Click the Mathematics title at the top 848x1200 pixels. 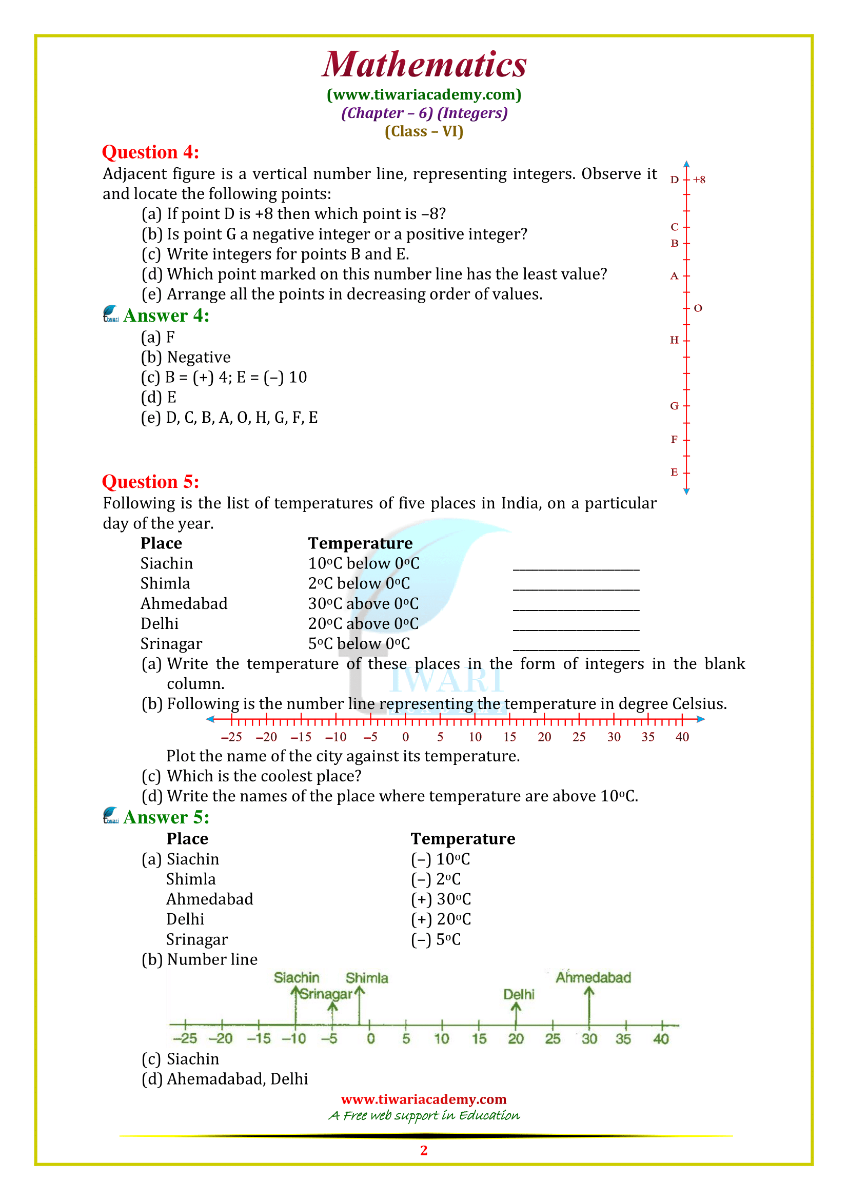click(424, 65)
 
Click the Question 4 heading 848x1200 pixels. click(150, 152)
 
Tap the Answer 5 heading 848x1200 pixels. click(166, 817)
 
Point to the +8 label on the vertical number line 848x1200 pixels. click(699, 180)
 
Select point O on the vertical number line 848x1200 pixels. click(698, 308)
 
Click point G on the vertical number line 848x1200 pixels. click(675, 406)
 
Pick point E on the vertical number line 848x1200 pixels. click(675, 473)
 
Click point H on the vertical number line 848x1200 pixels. click(675, 340)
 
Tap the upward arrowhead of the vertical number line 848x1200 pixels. click(686, 164)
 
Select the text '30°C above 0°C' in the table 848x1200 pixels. click(363, 604)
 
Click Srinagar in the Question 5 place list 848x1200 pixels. click(171, 644)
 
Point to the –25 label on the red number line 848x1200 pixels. click(231, 737)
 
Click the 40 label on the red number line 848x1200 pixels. click(682, 737)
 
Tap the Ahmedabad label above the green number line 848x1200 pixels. click(593, 977)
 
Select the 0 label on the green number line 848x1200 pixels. click(370, 1038)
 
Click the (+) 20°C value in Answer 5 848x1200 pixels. click(441, 919)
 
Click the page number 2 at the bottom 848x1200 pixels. click(424, 1150)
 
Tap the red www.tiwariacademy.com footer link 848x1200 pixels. click(424, 1099)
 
